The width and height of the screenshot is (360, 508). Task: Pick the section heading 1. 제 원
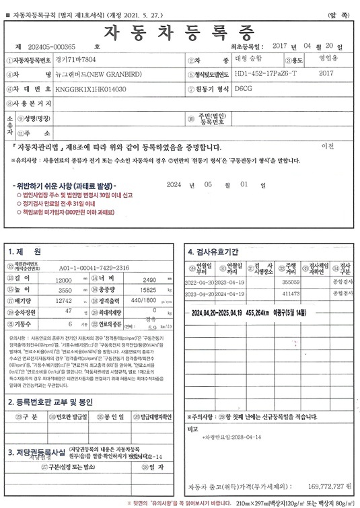coord(25,252)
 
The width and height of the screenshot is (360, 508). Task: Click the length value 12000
coord(63,279)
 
